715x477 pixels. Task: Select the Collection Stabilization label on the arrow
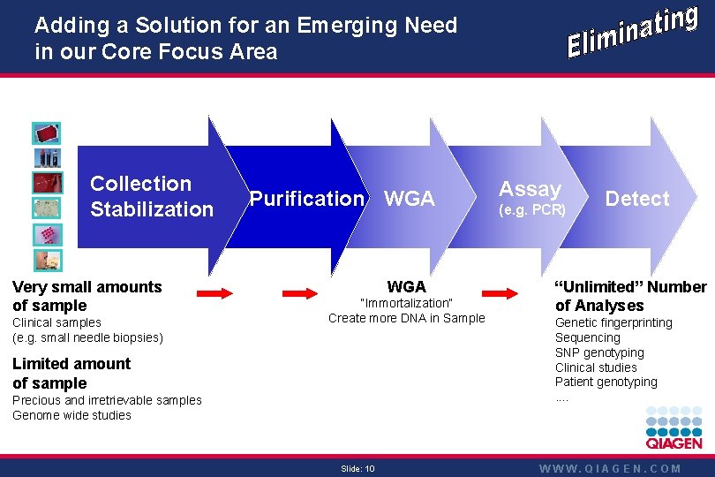[x=151, y=196]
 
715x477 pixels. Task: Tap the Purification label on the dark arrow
[x=306, y=199]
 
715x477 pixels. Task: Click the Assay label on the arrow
[x=530, y=188]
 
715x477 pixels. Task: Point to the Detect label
[x=637, y=199]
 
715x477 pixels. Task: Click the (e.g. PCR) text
[x=532, y=211]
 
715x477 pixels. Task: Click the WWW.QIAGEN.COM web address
[x=611, y=469]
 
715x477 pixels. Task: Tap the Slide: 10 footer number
[x=357, y=468]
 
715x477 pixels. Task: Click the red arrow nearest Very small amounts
[x=214, y=292]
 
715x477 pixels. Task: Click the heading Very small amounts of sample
[x=87, y=296]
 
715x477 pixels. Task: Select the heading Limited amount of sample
[x=71, y=373]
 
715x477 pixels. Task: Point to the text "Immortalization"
[x=406, y=303]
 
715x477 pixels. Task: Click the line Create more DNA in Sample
[x=406, y=318]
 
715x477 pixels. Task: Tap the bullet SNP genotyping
[x=599, y=352]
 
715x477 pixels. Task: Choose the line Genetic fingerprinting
[x=613, y=322]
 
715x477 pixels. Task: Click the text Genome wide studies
[x=71, y=415]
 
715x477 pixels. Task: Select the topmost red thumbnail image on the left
[x=47, y=133]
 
